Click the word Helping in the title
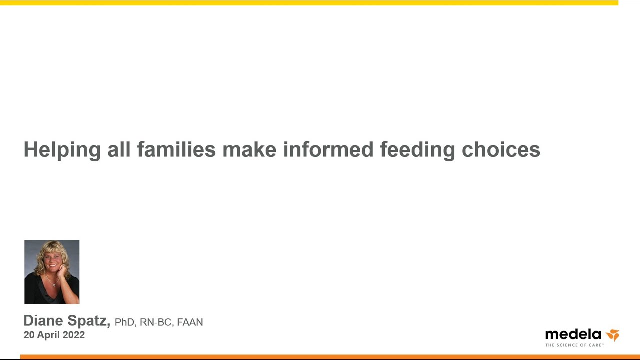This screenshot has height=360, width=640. (62, 150)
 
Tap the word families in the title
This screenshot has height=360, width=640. (176, 149)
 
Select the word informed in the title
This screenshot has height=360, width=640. (328, 149)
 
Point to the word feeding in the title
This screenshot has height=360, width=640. (417, 150)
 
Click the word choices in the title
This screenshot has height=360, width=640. (501, 149)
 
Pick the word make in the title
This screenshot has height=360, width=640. (249, 149)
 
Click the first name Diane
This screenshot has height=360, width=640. (43, 320)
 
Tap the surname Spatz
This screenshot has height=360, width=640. (89, 321)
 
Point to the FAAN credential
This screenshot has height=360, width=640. (190, 322)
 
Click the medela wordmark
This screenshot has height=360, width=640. (573, 334)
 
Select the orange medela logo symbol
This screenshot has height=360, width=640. (613, 335)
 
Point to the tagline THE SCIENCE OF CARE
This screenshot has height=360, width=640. (575, 345)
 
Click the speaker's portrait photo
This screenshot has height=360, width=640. (52, 272)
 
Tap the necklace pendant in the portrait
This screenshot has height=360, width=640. (54, 285)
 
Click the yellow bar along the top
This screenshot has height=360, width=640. (309, 3)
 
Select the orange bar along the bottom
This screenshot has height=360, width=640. (330, 357)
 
